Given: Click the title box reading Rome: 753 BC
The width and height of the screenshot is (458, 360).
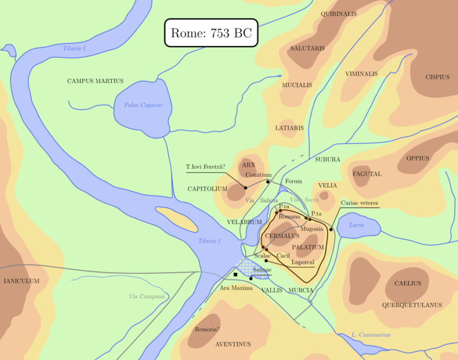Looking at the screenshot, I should click(211, 33).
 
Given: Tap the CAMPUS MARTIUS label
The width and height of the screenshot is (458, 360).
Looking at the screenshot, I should click(95, 81).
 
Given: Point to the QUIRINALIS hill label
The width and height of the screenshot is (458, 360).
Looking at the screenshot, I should click(338, 13).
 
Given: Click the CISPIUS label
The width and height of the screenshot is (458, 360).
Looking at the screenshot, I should click(437, 77).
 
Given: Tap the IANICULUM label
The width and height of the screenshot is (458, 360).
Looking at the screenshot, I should click(22, 281).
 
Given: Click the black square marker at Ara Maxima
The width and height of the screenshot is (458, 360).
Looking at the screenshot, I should click(235, 275).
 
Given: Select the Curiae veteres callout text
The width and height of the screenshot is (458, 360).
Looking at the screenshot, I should click(359, 203).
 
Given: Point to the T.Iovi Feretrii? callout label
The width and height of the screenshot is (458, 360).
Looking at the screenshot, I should click(205, 167).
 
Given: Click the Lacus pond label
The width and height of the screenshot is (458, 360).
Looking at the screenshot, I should click(357, 225).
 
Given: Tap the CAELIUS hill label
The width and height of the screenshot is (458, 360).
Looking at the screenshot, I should click(407, 283).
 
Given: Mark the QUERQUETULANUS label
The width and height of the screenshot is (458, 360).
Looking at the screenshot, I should click(412, 305).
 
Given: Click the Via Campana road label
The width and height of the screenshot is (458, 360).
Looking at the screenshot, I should click(147, 296).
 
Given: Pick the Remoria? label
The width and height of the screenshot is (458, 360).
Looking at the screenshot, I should click(207, 330).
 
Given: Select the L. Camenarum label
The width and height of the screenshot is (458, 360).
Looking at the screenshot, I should click(370, 335).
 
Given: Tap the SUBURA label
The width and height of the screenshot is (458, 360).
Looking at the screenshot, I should click(327, 160).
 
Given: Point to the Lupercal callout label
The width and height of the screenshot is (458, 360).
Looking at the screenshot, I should click(302, 262).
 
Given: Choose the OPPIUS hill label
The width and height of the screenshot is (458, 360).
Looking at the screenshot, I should click(418, 158).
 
